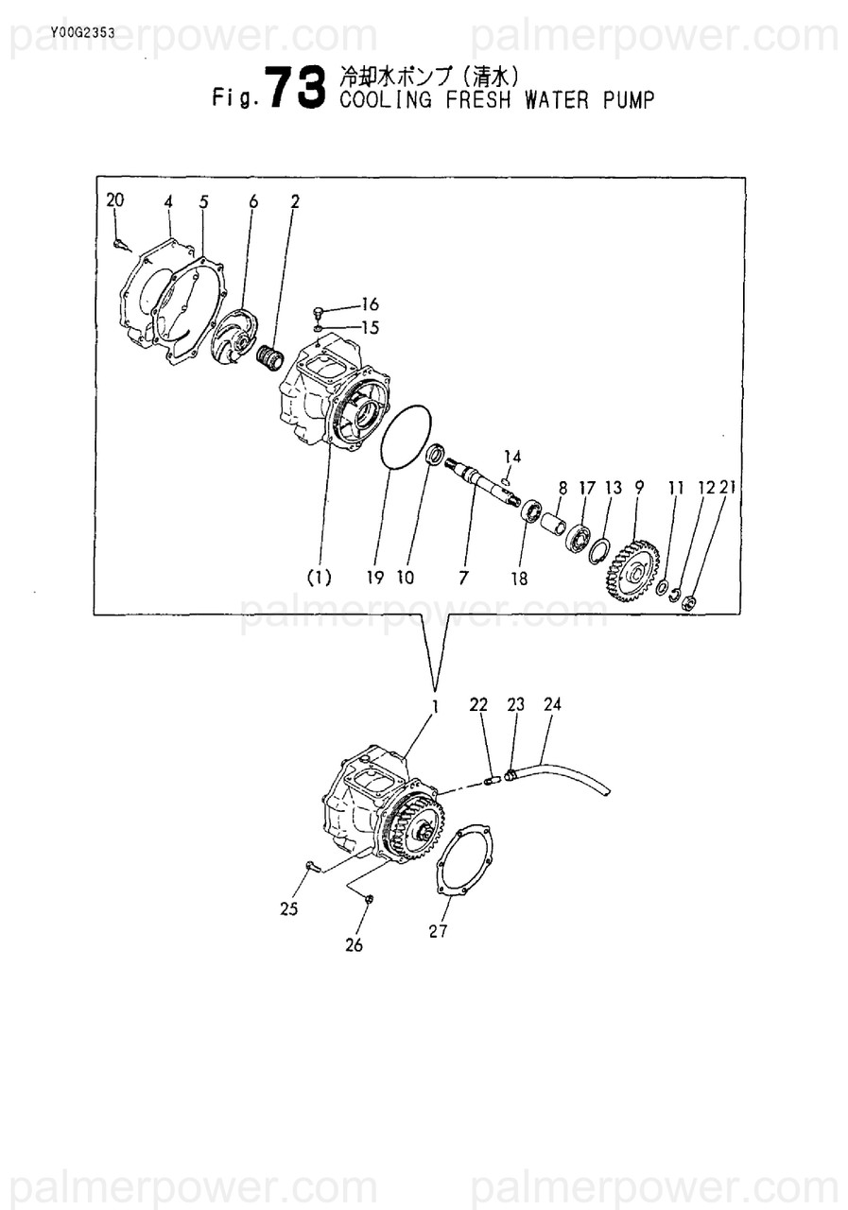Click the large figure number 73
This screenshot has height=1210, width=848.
296,87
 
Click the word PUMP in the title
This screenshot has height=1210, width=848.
628,100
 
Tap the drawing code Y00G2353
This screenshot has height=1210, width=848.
82,33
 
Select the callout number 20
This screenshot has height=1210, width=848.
114,199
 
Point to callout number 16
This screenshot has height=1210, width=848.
370,304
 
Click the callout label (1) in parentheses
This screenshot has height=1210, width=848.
320,578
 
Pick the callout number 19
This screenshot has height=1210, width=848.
375,578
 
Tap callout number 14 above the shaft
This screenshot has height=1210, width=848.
512,457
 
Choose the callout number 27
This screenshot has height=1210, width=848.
438,931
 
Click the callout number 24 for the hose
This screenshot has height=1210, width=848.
552,704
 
